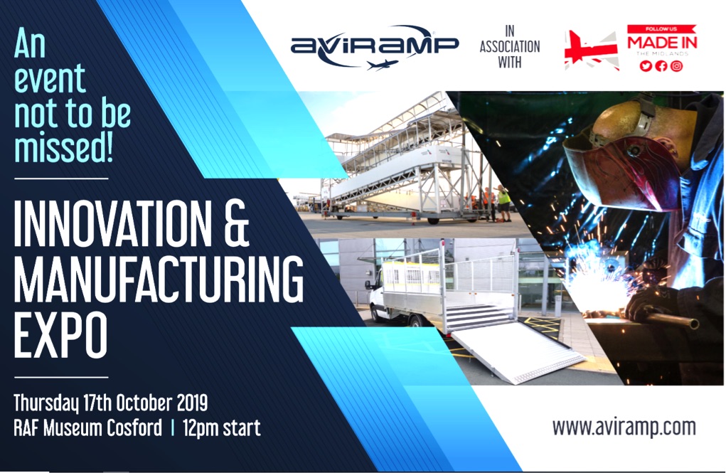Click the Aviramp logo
pyautogui.click(x=374, y=47)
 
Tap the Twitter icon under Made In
pyautogui.click(x=646, y=65)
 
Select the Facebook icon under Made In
pyautogui.click(x=661, y=65)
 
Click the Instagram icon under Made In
pyautogui.click(x=676, y=65)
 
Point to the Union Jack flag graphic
pyautogui.click(x=592, y=51)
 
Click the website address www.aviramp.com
pyautogui.click(x=624, y=427)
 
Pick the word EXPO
pyautogui.click(x=60, y=335)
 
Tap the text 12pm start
pyautogui.click(x=221, y=427)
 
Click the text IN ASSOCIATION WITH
pyautogui.click(x=509, y=46)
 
